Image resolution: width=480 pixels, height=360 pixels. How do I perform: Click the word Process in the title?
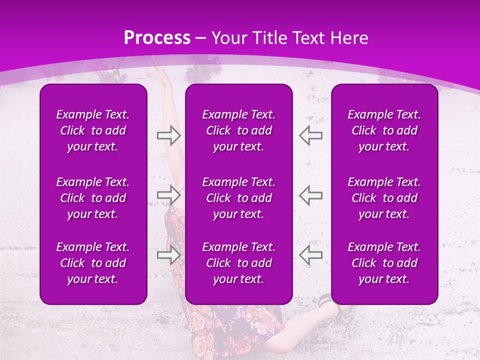click(157, 38)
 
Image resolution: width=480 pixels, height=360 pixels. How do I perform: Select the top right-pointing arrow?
click(168, 135)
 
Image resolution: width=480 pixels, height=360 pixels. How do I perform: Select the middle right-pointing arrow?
click(168, 194)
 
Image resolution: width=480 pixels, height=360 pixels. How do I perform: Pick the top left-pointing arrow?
click(311, 135)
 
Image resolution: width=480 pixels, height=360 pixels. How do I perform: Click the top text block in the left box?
click(93, 130)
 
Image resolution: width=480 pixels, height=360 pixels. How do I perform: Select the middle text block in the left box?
click(93, 198)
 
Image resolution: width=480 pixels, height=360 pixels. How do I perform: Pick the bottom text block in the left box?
click(93, 263)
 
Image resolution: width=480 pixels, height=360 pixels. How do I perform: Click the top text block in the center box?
click(239, 130)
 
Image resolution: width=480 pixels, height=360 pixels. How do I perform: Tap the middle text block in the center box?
click(239, 198)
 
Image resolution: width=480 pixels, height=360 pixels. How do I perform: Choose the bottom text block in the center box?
click(239, 263)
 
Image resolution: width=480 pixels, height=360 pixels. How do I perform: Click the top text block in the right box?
click(384, 130)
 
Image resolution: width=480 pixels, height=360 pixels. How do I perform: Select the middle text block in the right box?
click(384, 198)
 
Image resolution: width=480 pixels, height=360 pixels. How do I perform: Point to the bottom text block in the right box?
click(384, 263)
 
